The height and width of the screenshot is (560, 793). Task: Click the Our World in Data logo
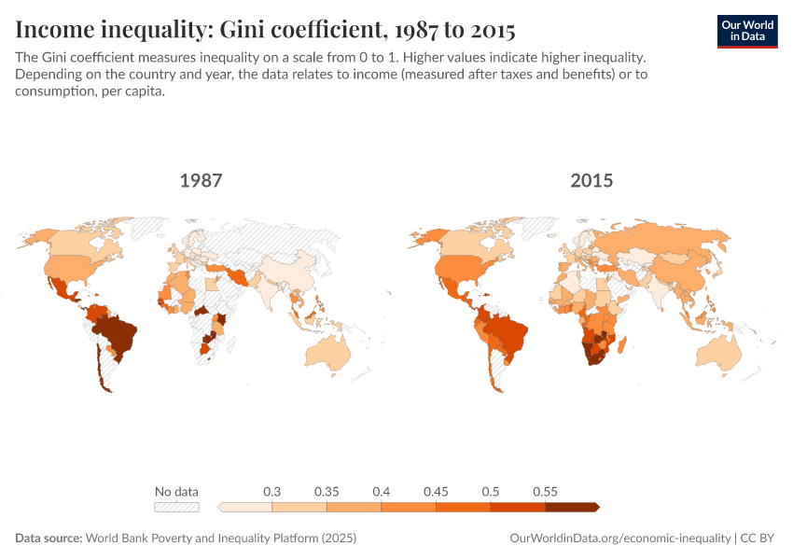(x=746, y=30)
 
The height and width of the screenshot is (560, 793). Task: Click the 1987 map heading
(x=202, y=180)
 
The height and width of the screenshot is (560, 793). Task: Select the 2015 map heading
(x=591, y=180)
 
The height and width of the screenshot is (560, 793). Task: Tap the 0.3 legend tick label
(x=272, y=491)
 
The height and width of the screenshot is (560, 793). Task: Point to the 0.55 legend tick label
(x=545, y=491)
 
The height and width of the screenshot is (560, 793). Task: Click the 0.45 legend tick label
(x=436, y=491)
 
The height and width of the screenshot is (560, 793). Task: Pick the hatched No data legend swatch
(x=177, y=507)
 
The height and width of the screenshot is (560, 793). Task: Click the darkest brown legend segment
(x=571, y=507)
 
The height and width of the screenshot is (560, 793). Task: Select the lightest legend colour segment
(x=245, y=507)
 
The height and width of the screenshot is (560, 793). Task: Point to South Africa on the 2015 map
(x=593, y=358)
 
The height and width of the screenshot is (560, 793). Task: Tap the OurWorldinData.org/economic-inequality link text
(x=619, y=539)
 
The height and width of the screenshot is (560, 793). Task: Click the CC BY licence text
(x=760, y=539)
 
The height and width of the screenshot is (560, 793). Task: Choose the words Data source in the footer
(x=48, y=539)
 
